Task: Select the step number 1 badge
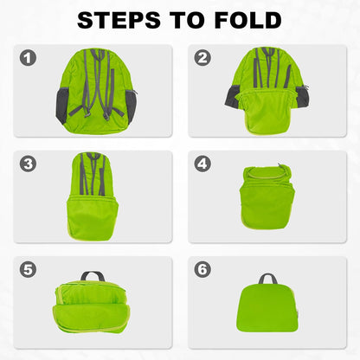[x=29, y=58]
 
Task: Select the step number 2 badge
[x=204, y=58]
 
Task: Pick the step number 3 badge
[x=29, y=164]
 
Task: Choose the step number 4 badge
[x=204, y=164]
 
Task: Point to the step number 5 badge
[x=29, y=269]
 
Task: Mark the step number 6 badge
[x=204, y=269]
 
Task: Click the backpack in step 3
[x=93, y=197]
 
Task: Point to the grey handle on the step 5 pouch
[x=93, y=277]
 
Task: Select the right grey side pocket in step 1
[x=131, y=105]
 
